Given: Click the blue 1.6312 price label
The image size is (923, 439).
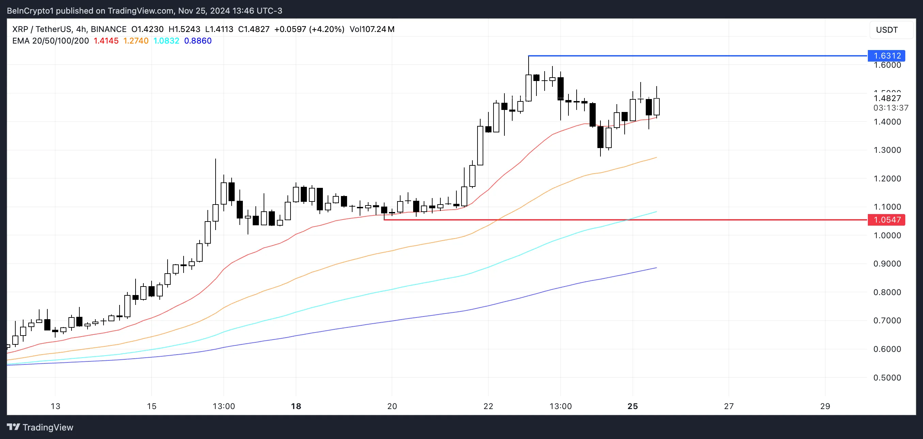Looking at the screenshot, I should click(887, 56).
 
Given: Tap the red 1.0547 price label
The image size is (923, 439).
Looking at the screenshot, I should click(887, 220).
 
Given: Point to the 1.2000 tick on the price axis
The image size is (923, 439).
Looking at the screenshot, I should click(887, 179).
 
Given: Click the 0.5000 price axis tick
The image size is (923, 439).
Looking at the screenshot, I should click(887, 378).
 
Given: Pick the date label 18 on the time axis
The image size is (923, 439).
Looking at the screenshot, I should click(296, 406).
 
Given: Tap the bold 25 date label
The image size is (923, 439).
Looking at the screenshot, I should click(633, 406).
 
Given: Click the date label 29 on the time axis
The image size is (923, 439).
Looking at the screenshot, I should click(825, 406).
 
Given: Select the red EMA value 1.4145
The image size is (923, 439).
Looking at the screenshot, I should click(106, 41).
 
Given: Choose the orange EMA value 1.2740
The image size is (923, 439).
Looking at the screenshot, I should click(136, 41).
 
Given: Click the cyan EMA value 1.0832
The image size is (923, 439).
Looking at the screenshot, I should click(166, 41).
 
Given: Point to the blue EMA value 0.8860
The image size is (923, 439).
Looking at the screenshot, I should click(198, 41).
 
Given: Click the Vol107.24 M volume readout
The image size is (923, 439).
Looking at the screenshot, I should click(372, 29).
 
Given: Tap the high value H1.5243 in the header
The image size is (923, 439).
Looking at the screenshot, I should click(184, 29).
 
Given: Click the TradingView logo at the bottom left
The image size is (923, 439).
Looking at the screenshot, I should click(40, 427).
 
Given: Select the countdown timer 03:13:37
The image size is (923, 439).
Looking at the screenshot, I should click(891, 108).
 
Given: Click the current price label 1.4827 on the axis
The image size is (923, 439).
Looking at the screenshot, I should click(887, 98).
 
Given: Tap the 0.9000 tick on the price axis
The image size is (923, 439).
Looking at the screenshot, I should click(887, 264).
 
